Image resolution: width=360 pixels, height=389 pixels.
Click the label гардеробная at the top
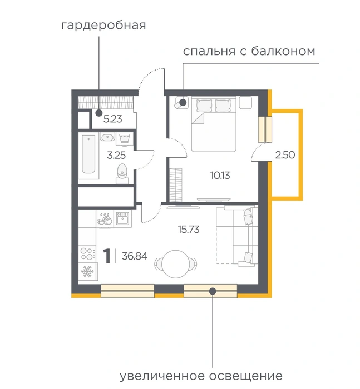103,26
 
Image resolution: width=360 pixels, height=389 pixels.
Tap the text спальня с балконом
249,52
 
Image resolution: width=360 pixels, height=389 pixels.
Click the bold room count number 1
106,256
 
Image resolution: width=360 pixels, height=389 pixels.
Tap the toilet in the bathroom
122,173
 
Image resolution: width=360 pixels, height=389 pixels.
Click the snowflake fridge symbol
87,272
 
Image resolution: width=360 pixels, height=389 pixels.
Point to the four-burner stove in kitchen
87,253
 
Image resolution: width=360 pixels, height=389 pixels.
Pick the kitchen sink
123,218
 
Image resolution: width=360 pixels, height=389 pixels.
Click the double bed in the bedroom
215,125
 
